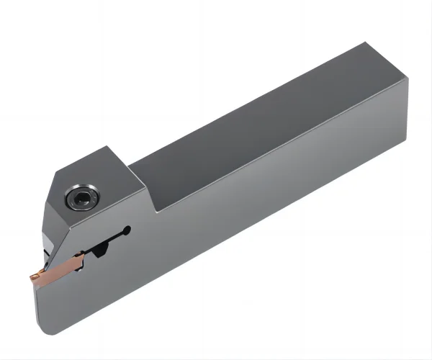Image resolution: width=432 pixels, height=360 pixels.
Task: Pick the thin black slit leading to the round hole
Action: (x=108, y=238)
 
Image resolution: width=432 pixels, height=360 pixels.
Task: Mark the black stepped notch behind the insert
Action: (x=96, y=252)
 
